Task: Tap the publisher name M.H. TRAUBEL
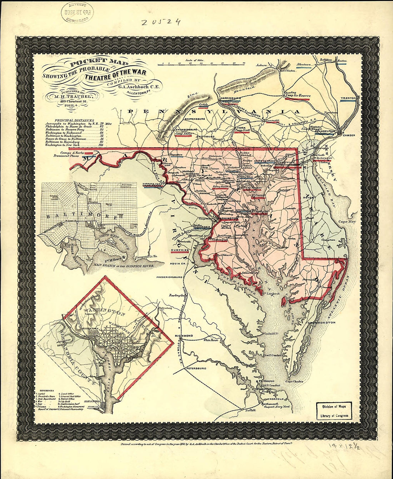pos(74,96)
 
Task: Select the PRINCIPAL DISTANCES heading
pos(74,120)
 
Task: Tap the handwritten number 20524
pos(160,22)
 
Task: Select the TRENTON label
pos(348,98)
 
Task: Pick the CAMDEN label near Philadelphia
pos(349,136)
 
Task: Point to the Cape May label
pos(347,222)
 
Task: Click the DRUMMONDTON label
pos(321,323)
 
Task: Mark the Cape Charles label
pos(294,382)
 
